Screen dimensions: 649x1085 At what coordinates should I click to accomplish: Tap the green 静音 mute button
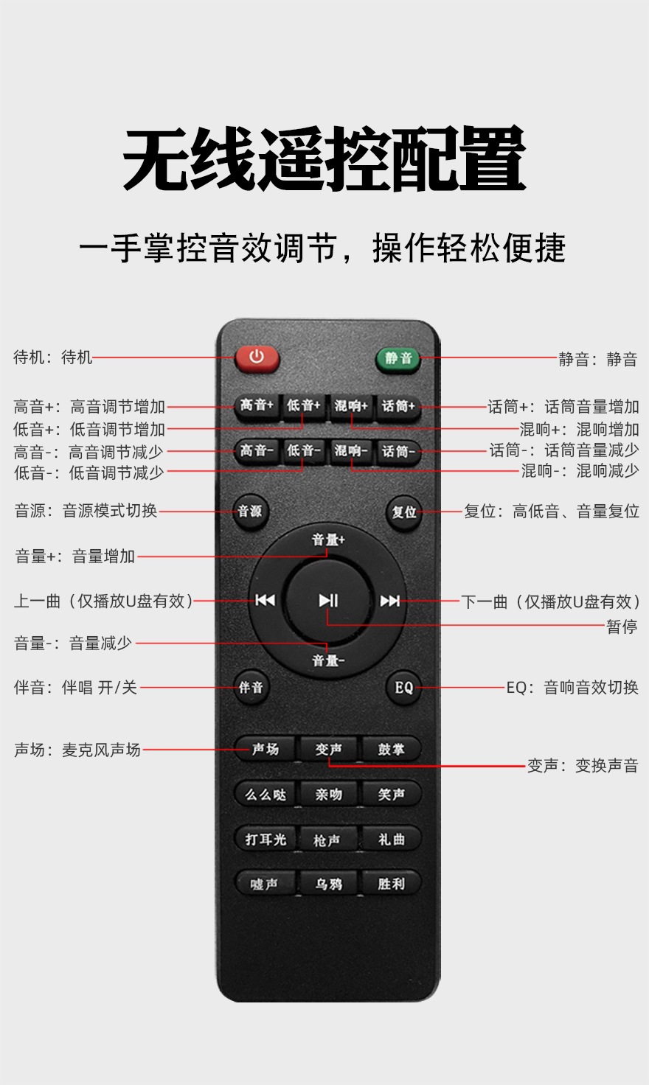[x=398, y=359]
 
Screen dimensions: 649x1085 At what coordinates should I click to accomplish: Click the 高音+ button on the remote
[x=257, y=406]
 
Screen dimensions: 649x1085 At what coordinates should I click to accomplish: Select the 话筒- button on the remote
[x=398, y=452]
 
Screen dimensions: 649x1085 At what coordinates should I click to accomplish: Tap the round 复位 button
[x=403, y=512]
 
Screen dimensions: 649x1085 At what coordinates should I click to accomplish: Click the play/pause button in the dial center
[x=329, y=601]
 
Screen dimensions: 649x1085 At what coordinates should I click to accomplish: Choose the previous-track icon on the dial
[x=265, y=601]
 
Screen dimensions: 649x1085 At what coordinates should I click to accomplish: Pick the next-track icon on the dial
[x=389, y=601]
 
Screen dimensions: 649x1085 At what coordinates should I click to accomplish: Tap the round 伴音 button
[x=251, y=687]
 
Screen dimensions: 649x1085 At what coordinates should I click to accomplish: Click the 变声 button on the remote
[x=329, y=750]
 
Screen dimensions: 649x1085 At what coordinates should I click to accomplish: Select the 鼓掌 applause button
[x=391, y=750]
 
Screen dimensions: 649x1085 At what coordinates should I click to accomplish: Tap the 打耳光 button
[x=265, y=839]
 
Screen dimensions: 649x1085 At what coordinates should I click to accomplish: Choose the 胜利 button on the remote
[x=391, y=884]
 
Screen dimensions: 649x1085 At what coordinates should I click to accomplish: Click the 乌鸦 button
[x=329, y=884]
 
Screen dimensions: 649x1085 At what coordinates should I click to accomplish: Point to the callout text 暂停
[x=622, y=627]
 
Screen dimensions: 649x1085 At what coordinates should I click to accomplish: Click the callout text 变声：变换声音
[x=583, y=766]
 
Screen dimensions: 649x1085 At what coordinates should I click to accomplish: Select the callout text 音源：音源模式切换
[x=86, y=511]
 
